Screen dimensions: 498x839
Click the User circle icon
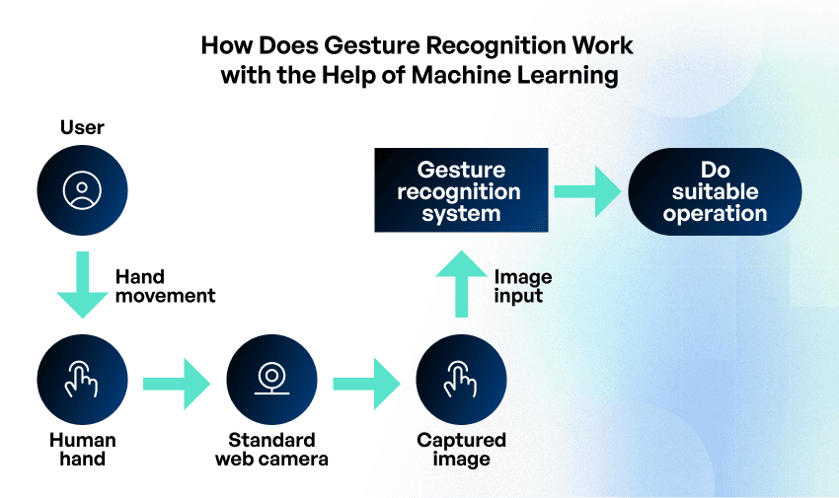[x=82, y=191]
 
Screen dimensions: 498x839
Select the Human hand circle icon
[x=82, y=378]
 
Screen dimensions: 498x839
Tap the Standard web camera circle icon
[x=271, y=378]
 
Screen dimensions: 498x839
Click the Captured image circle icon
[x=461, y=378]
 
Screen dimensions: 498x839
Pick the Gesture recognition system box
[x=461, y=190]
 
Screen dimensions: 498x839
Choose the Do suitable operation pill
[x=715, y=191]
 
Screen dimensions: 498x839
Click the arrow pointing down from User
[x=82, y=283]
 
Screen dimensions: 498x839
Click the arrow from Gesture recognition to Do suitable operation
[x=588, y=190]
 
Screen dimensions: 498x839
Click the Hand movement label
[x=165, y=286]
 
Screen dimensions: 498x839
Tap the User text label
[x=82, y=127]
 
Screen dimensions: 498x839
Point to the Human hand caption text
[x=82, y=449]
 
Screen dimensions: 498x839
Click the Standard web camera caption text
[x=271, y=449]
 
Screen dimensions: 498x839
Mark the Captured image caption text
[x=461, y=449]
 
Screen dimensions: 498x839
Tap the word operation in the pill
[x=715, y=213]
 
